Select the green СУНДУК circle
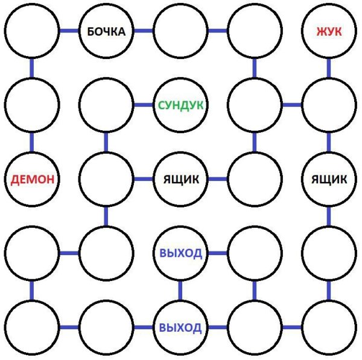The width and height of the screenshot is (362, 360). (180, 105)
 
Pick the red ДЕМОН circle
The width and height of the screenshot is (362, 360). (32, 179)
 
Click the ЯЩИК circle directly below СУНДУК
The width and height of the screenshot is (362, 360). (180, 179)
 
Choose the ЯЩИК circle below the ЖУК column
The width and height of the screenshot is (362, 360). (329, 179)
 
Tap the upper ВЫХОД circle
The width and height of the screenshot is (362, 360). (180, 253)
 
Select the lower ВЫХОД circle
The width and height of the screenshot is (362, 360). (180, 327)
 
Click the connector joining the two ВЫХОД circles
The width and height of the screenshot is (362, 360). (180, 290)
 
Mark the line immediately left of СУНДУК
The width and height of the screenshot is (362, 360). (143, 105)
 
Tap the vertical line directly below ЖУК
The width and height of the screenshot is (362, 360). (329, 68)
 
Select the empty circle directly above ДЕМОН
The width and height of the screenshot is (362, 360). (32, 105)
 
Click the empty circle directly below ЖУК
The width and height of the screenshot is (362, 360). (329, 105)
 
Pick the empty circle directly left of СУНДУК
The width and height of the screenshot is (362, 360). (106, 105)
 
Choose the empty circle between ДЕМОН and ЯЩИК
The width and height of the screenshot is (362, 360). (106, 179)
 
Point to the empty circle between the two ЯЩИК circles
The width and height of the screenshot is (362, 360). (255, 179)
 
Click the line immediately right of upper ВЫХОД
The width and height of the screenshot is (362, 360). (217, 253)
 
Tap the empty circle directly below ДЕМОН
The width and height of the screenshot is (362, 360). (32, 253)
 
